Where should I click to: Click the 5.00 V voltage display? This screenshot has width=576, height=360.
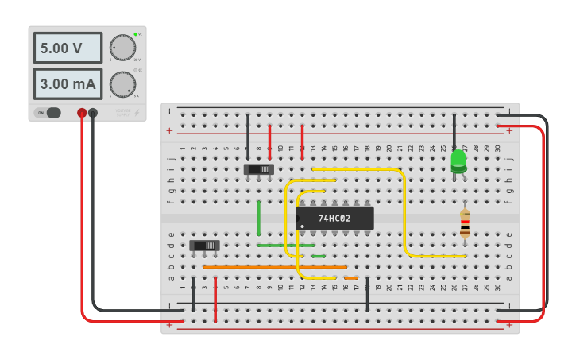68,48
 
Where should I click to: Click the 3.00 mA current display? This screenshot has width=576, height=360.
68,83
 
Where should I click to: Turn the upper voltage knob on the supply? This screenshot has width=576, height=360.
122,48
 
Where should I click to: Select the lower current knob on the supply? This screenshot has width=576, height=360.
122,83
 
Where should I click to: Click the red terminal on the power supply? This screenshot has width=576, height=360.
82,114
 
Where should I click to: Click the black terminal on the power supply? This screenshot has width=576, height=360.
94,114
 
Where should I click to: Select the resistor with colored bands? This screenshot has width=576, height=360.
465,223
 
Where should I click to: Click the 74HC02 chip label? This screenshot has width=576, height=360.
334,218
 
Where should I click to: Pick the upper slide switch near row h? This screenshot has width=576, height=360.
259,169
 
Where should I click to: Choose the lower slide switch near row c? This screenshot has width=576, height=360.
205,246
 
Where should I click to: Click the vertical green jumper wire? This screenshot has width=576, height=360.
259,218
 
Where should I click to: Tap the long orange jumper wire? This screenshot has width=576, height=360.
274,267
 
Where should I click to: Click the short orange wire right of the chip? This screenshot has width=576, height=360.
351,277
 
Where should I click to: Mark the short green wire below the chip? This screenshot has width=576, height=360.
319,256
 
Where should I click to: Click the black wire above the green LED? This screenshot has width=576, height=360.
454,131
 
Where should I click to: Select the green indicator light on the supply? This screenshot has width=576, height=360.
136,34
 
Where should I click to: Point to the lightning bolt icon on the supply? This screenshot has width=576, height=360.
138,113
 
